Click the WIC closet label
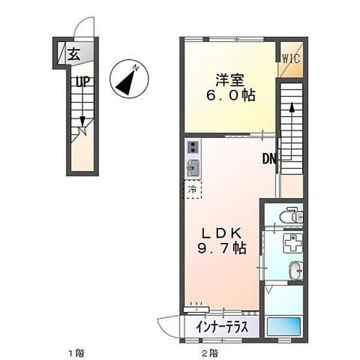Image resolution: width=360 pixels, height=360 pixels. (292, 58)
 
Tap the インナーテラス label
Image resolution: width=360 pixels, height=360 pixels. (220, 328)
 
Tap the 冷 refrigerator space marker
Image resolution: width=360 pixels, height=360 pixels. (193, 190)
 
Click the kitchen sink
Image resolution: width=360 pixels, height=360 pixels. (193, 167)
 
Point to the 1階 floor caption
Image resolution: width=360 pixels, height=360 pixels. (76, 352)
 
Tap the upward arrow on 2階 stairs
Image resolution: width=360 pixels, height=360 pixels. (292, 109)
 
